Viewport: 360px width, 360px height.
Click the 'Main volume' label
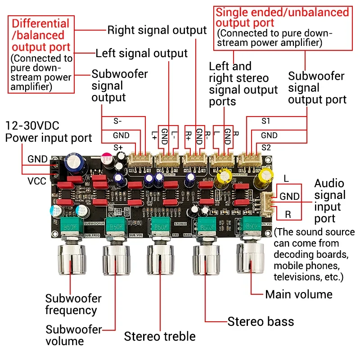tap(299, 294)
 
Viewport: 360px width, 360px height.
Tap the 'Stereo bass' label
tap(261, 321)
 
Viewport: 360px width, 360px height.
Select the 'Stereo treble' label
tap(160, 336)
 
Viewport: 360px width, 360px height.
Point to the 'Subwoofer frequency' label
tap(73, 304)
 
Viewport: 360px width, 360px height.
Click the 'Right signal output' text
tap(157, 30)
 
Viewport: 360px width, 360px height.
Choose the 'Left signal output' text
tap(141, 53)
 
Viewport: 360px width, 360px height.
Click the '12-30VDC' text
tap(32, 125)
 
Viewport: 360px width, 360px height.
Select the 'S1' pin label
tap(266, 121)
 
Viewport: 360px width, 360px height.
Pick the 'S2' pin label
tap(266, 148)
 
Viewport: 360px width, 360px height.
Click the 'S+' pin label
tap(118, 148)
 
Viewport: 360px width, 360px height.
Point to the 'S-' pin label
tap(118, 121)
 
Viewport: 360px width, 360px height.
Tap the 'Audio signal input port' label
tap(330, 201)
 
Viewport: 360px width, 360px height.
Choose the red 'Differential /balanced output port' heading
tap(41, 35)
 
